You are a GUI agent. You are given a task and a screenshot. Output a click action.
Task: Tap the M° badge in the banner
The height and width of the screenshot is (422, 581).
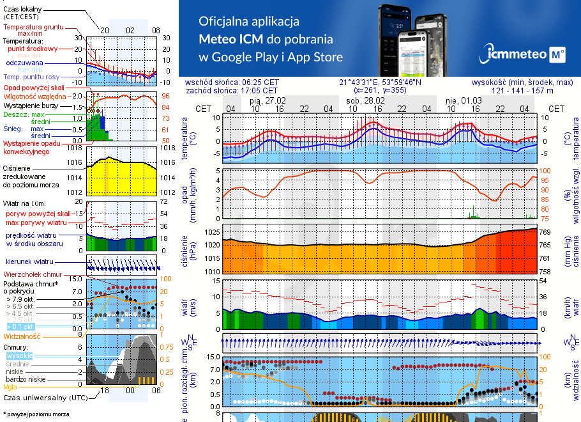coord(557,56)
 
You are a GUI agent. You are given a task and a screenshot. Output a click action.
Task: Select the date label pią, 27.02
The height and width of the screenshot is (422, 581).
coord(268,100)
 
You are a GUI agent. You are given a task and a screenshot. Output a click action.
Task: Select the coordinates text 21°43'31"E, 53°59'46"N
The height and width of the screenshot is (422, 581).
coord(381,82)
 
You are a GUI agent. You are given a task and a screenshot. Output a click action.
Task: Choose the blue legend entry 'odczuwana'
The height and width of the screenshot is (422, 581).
coord(24,63)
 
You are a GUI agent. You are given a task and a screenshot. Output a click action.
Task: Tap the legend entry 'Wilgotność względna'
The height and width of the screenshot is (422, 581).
coord(35,96)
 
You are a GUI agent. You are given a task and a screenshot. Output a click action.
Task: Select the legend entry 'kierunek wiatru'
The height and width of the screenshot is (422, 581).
coord(30,262)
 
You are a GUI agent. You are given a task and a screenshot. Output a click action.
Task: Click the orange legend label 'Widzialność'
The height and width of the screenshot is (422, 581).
coord(22,336)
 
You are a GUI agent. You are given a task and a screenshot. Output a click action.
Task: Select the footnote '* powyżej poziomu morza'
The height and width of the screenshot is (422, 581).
coord(36,414)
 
